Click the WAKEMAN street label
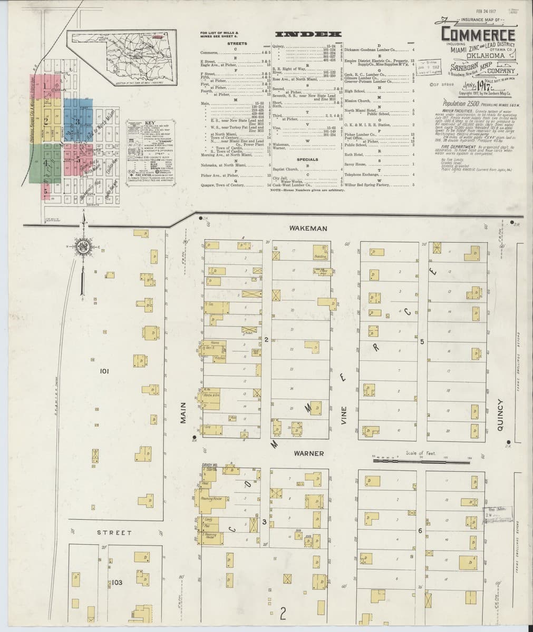pyautogui.click(x=308, y=228)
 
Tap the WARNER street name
pyautogui.click(x=308, y=453)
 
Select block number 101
pyautogui.click(x=104, y=372)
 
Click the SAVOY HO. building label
pyautogui.click(x=210, y=465)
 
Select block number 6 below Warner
pyautogui.click(x=420, y=530)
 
